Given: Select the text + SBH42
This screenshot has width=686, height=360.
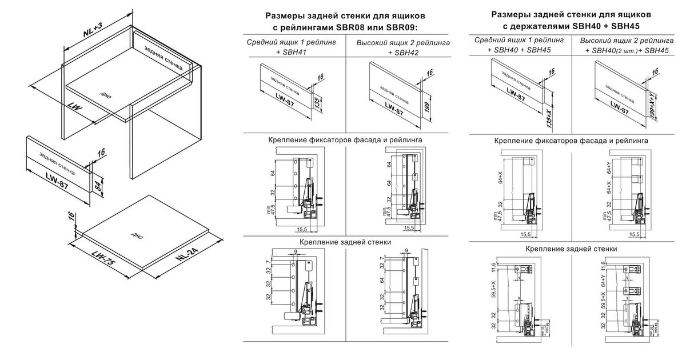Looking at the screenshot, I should click(x=403, y=53).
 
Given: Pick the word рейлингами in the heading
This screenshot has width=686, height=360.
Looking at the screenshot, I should click(x=304, y=27).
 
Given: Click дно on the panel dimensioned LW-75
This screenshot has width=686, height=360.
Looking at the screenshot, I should click(x=136, y=235).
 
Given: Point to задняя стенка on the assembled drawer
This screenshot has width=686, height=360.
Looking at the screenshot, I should click(x=164, y=59).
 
